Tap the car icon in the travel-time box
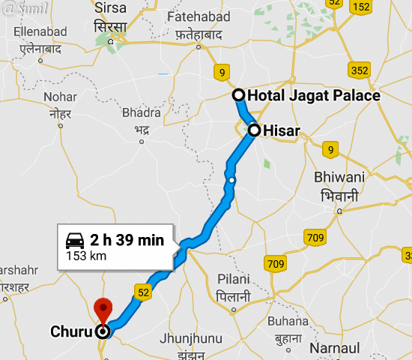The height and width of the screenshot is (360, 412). [75, 241]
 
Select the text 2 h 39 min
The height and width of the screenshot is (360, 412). [127, 241]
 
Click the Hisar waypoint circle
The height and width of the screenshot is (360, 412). [254, 130]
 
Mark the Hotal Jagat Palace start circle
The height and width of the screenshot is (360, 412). [238, 95]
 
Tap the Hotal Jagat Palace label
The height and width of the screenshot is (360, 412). [314, 95]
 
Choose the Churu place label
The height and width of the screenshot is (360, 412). [72, 331]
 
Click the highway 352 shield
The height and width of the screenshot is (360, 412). [360, 70]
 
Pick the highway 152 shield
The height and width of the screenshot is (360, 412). [360, 7]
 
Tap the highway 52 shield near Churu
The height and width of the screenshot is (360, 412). [142, 290]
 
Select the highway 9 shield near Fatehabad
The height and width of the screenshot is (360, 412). [220, 72]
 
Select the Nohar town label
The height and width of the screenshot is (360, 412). [60, 97]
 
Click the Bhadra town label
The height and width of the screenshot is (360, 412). [142, 112]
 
